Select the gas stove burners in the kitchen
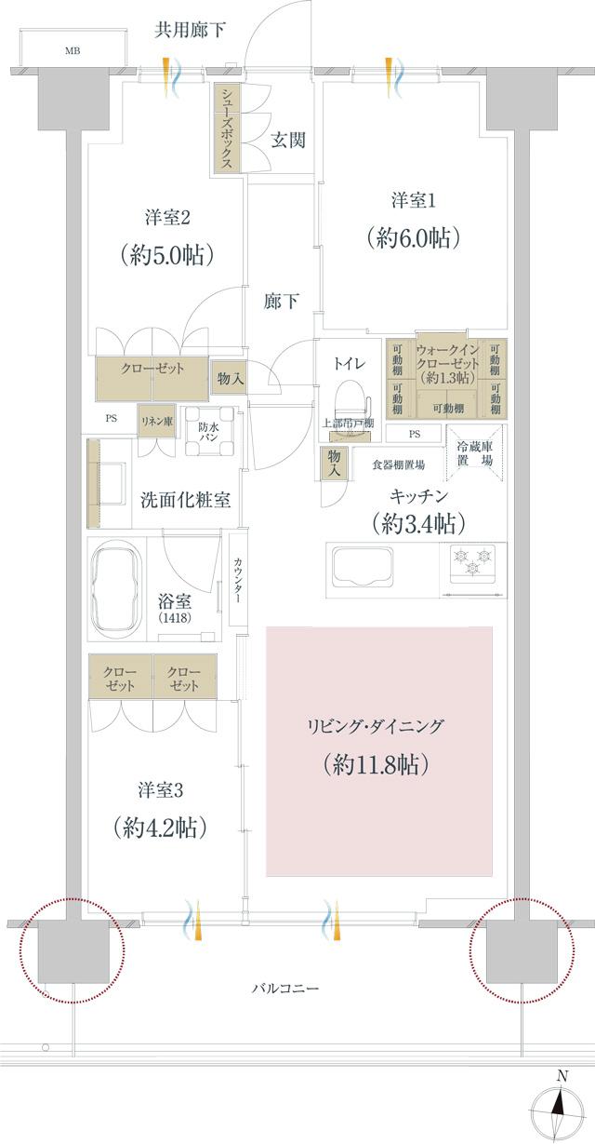(476, 561)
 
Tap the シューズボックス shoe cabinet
(228, 128)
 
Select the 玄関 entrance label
(288, 141)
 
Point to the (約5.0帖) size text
(168, 254)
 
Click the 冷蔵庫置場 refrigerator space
(474, 453)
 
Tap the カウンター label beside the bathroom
(238, 579)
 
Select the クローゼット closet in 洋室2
(152, 370)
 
